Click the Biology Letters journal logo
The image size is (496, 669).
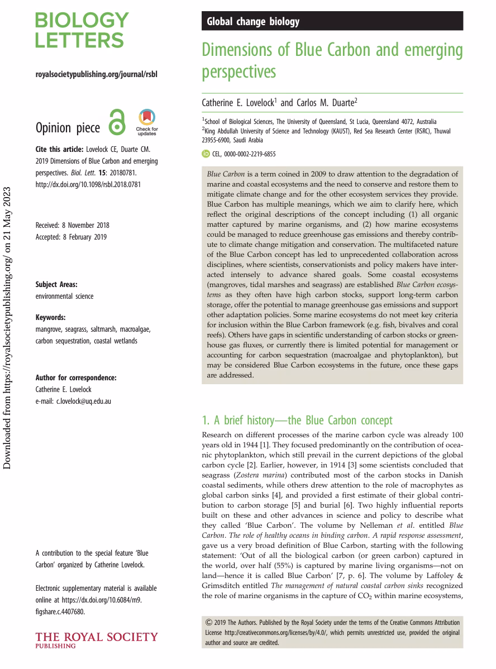[82, 31]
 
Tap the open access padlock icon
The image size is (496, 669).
[117, 122]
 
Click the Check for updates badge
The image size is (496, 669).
[146, 122]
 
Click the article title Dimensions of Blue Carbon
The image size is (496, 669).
[332, 60]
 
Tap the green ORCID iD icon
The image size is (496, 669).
[205, 154]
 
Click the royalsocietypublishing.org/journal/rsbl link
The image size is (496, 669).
[96, 74]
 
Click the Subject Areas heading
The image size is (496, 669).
[56, 284]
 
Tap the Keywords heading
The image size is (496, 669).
[50, 317]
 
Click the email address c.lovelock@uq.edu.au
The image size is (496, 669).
[73, 401]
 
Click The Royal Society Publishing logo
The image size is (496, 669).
[96, 639]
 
